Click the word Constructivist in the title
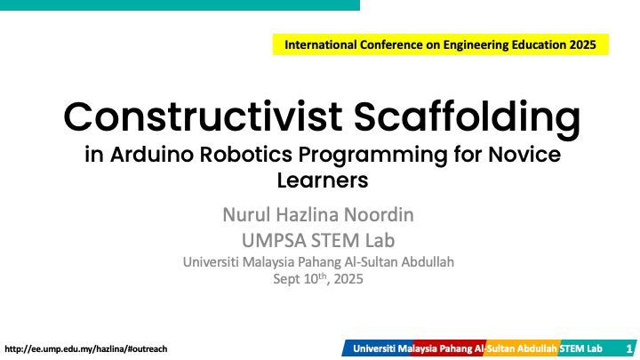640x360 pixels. pyautogui.click(x=203, y=116)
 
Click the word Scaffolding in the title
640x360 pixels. pyautogui.click(x=467, y=119)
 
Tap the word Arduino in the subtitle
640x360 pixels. pyautogui.click(x=152, y=155)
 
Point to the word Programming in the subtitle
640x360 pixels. pyautogui.click(x=372, y=156)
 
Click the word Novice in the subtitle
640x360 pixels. pyautogui.click(x=524, y=155)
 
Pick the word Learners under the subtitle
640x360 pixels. pyautogui.click(x=323, y=180)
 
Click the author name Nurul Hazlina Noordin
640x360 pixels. pyautogui.click(x=318, y=215)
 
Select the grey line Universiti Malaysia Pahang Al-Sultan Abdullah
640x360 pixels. pyautogui.click(x=318, y=261)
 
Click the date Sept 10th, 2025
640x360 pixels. pyautogui.click(x=318, y=279)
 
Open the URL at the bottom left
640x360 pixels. pyautogui.click(x=85, y=349)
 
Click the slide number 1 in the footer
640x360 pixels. pyautogui.click(x=629, y=348)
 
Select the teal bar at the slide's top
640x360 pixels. pyautogui.click(x=180, y=5)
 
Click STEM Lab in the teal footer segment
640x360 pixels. pyautogui.click(x=580, y=348)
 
